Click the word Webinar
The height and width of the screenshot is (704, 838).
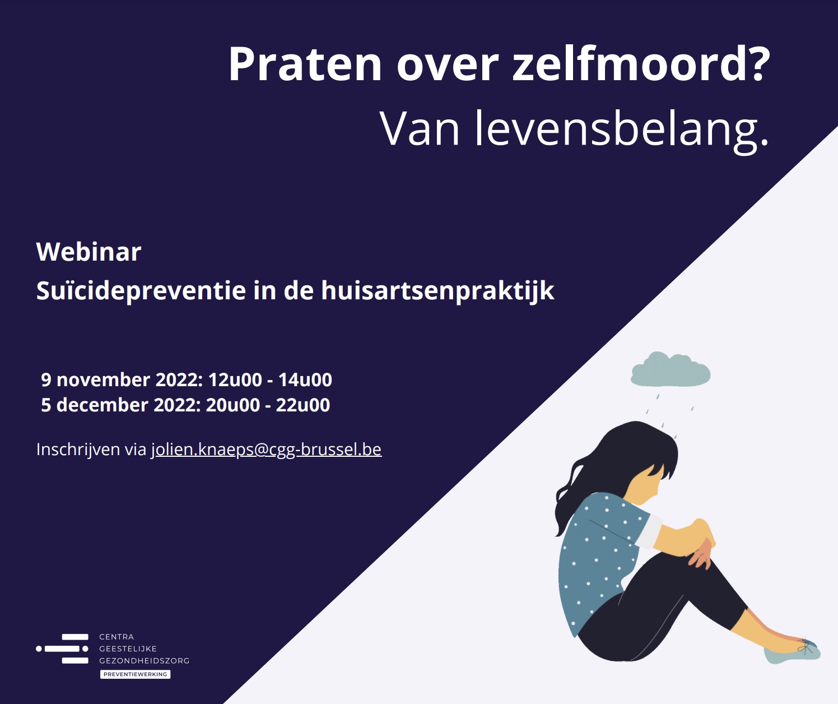click(89, 252)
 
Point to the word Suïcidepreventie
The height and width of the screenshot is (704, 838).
click(141, 291)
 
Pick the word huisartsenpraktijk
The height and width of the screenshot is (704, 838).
click(438, 291)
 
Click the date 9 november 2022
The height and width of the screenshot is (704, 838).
click(121, 380)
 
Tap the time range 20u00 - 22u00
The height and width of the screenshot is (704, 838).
click(268, 405)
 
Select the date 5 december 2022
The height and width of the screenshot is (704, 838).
click(120, 405)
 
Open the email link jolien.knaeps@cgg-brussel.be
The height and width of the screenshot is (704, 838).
click(266, 450)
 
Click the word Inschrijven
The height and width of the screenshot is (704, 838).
click(78, 450)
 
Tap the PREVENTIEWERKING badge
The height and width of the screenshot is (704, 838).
click(135, 674)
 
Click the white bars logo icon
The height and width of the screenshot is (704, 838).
click(62, 649)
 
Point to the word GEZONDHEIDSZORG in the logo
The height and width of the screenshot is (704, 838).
click(145, 661)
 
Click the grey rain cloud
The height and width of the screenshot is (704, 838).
click(671, 369)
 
